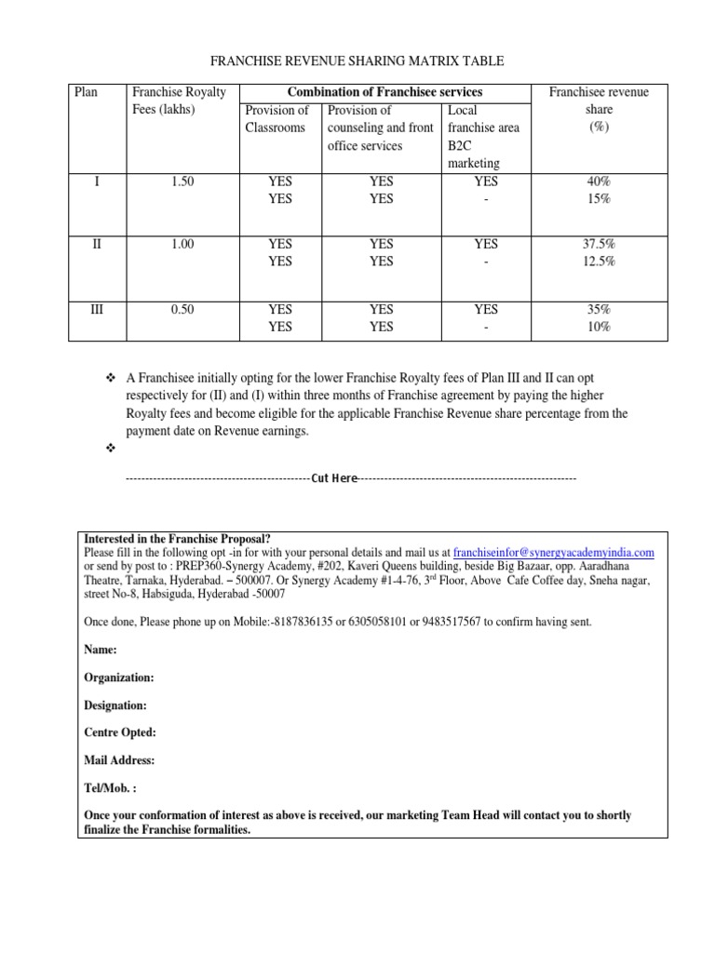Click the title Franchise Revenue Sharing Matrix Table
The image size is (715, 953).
click(357, 61)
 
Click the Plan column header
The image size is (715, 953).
click(86, 92)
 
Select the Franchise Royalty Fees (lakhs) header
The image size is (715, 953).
click(179, 101)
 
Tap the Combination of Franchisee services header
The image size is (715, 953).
click(384, 92)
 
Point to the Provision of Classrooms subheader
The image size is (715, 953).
click(277, 119)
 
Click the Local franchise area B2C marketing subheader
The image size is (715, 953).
click(483, 137)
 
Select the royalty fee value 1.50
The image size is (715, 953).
click(182, 181)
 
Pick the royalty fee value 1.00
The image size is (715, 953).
click(182, 244)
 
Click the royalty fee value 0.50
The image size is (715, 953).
click(182, 309)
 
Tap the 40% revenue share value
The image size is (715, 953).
click(599, 181)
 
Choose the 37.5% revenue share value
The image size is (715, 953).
click(599, 244)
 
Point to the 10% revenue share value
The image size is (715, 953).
click(599, 327)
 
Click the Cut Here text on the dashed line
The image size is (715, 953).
click(334, 477)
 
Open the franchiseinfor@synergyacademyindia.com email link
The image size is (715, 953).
click(553, 552)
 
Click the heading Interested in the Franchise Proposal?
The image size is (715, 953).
click(178, 539)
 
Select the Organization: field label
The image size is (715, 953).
click(120, 678)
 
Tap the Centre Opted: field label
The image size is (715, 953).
click(120, 732)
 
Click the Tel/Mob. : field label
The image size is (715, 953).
click(110, 787)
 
